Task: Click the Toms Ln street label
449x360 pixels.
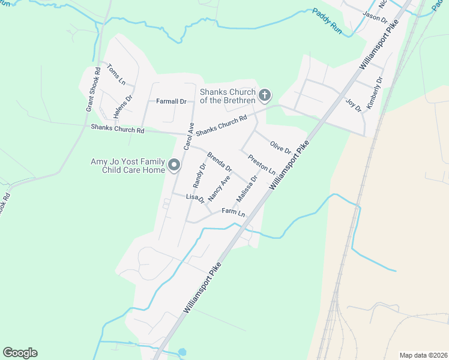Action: click(x=116, y=74)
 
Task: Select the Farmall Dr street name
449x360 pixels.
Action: click(x=172, y=101)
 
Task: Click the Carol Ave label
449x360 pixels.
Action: click(x=189, y=136)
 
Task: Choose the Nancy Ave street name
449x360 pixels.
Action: click(x=219, y=188)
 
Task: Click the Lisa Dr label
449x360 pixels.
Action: click(x=196, y=199)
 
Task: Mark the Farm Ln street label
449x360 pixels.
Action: click(x=234, y=212)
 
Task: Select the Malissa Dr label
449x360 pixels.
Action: click(x=246, y=189)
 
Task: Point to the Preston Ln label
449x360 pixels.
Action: click(x=261, y=163)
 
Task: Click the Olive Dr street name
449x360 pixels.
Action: click(x=280, y=146)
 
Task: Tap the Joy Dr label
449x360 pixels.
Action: click(x=354, y=104)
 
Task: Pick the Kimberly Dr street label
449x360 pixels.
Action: click(x=375, y=92)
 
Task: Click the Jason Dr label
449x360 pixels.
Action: click(x=375, y=17)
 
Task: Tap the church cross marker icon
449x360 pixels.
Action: click(x=264, y=95)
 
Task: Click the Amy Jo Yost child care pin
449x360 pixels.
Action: click(x=174, y=165)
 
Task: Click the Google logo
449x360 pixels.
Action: click(x=20, y=353)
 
